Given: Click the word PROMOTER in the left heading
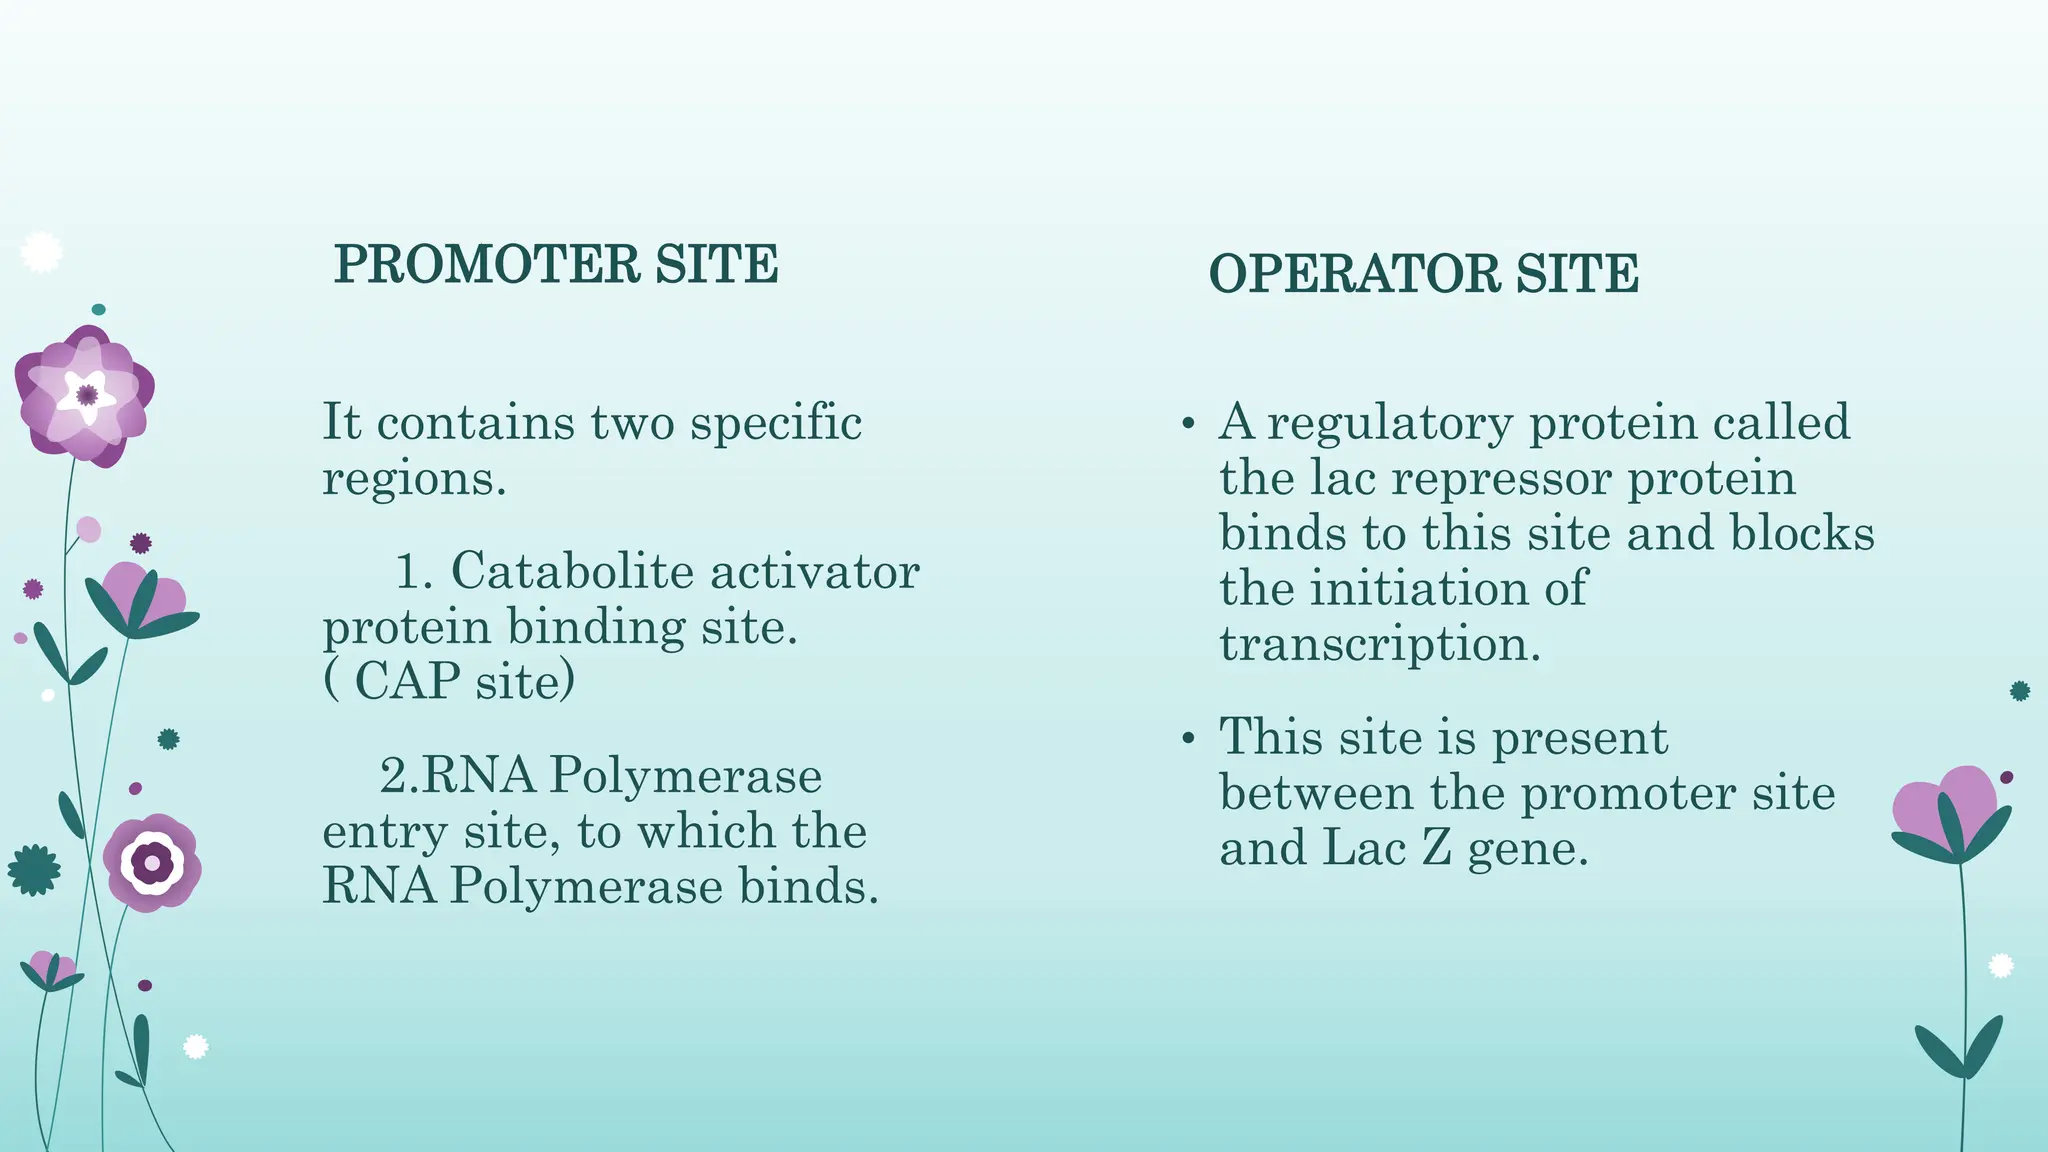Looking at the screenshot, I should (486, 265).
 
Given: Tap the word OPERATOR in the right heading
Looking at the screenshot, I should (1354, 275).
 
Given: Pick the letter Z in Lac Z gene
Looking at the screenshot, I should (1436, 849).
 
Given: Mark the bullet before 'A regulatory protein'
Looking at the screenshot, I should (1188, 426).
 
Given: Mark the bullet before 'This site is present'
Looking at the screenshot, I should (1188, 740).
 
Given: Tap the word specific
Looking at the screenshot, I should (776, 424).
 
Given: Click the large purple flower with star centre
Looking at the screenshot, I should (86, 395).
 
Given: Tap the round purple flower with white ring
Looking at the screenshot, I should (152, 862).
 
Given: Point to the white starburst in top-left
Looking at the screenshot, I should (41, 252).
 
